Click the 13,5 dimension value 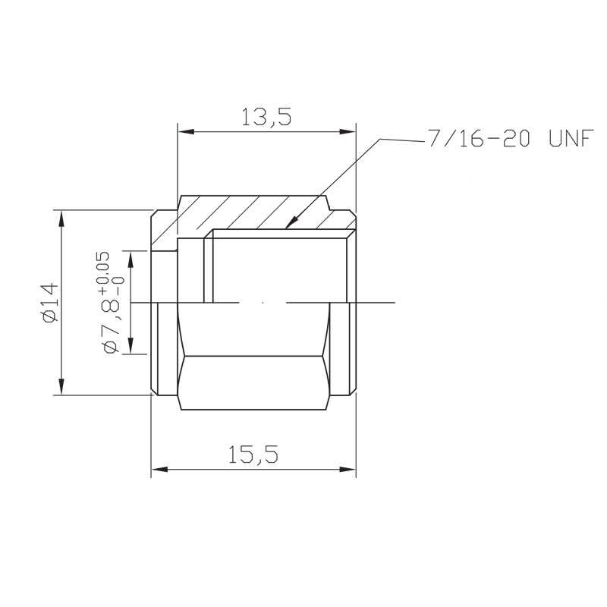(x=266, y=117)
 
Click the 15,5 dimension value (x=253, y=454)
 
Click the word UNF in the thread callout (x=571, y=138)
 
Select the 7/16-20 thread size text (x=479, y=138)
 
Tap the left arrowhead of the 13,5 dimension (x=186, y=131)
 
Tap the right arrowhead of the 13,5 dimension (x=348, y=131)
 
